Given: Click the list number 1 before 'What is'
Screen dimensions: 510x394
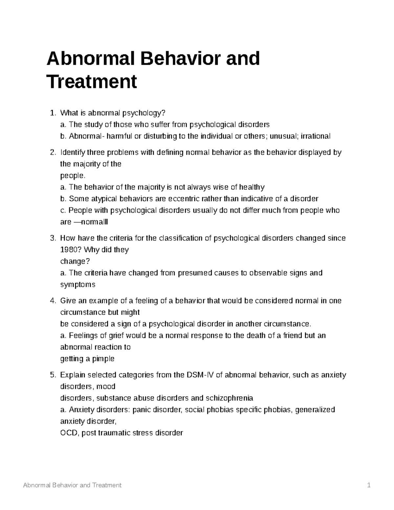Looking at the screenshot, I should coord(53,113).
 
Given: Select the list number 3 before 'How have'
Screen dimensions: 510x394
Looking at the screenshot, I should coord(53,238).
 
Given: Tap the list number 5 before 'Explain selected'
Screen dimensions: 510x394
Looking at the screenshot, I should coord(53,375).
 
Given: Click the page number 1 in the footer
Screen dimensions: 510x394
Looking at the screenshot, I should coord(369,485).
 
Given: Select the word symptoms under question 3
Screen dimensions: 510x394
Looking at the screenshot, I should coord(77,285).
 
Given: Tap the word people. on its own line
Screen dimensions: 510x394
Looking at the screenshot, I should coord(70,176).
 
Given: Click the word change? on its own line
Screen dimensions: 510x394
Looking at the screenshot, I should coord(75,261).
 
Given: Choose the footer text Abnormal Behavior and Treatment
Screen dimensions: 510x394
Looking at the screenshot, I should coord(72,485).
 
